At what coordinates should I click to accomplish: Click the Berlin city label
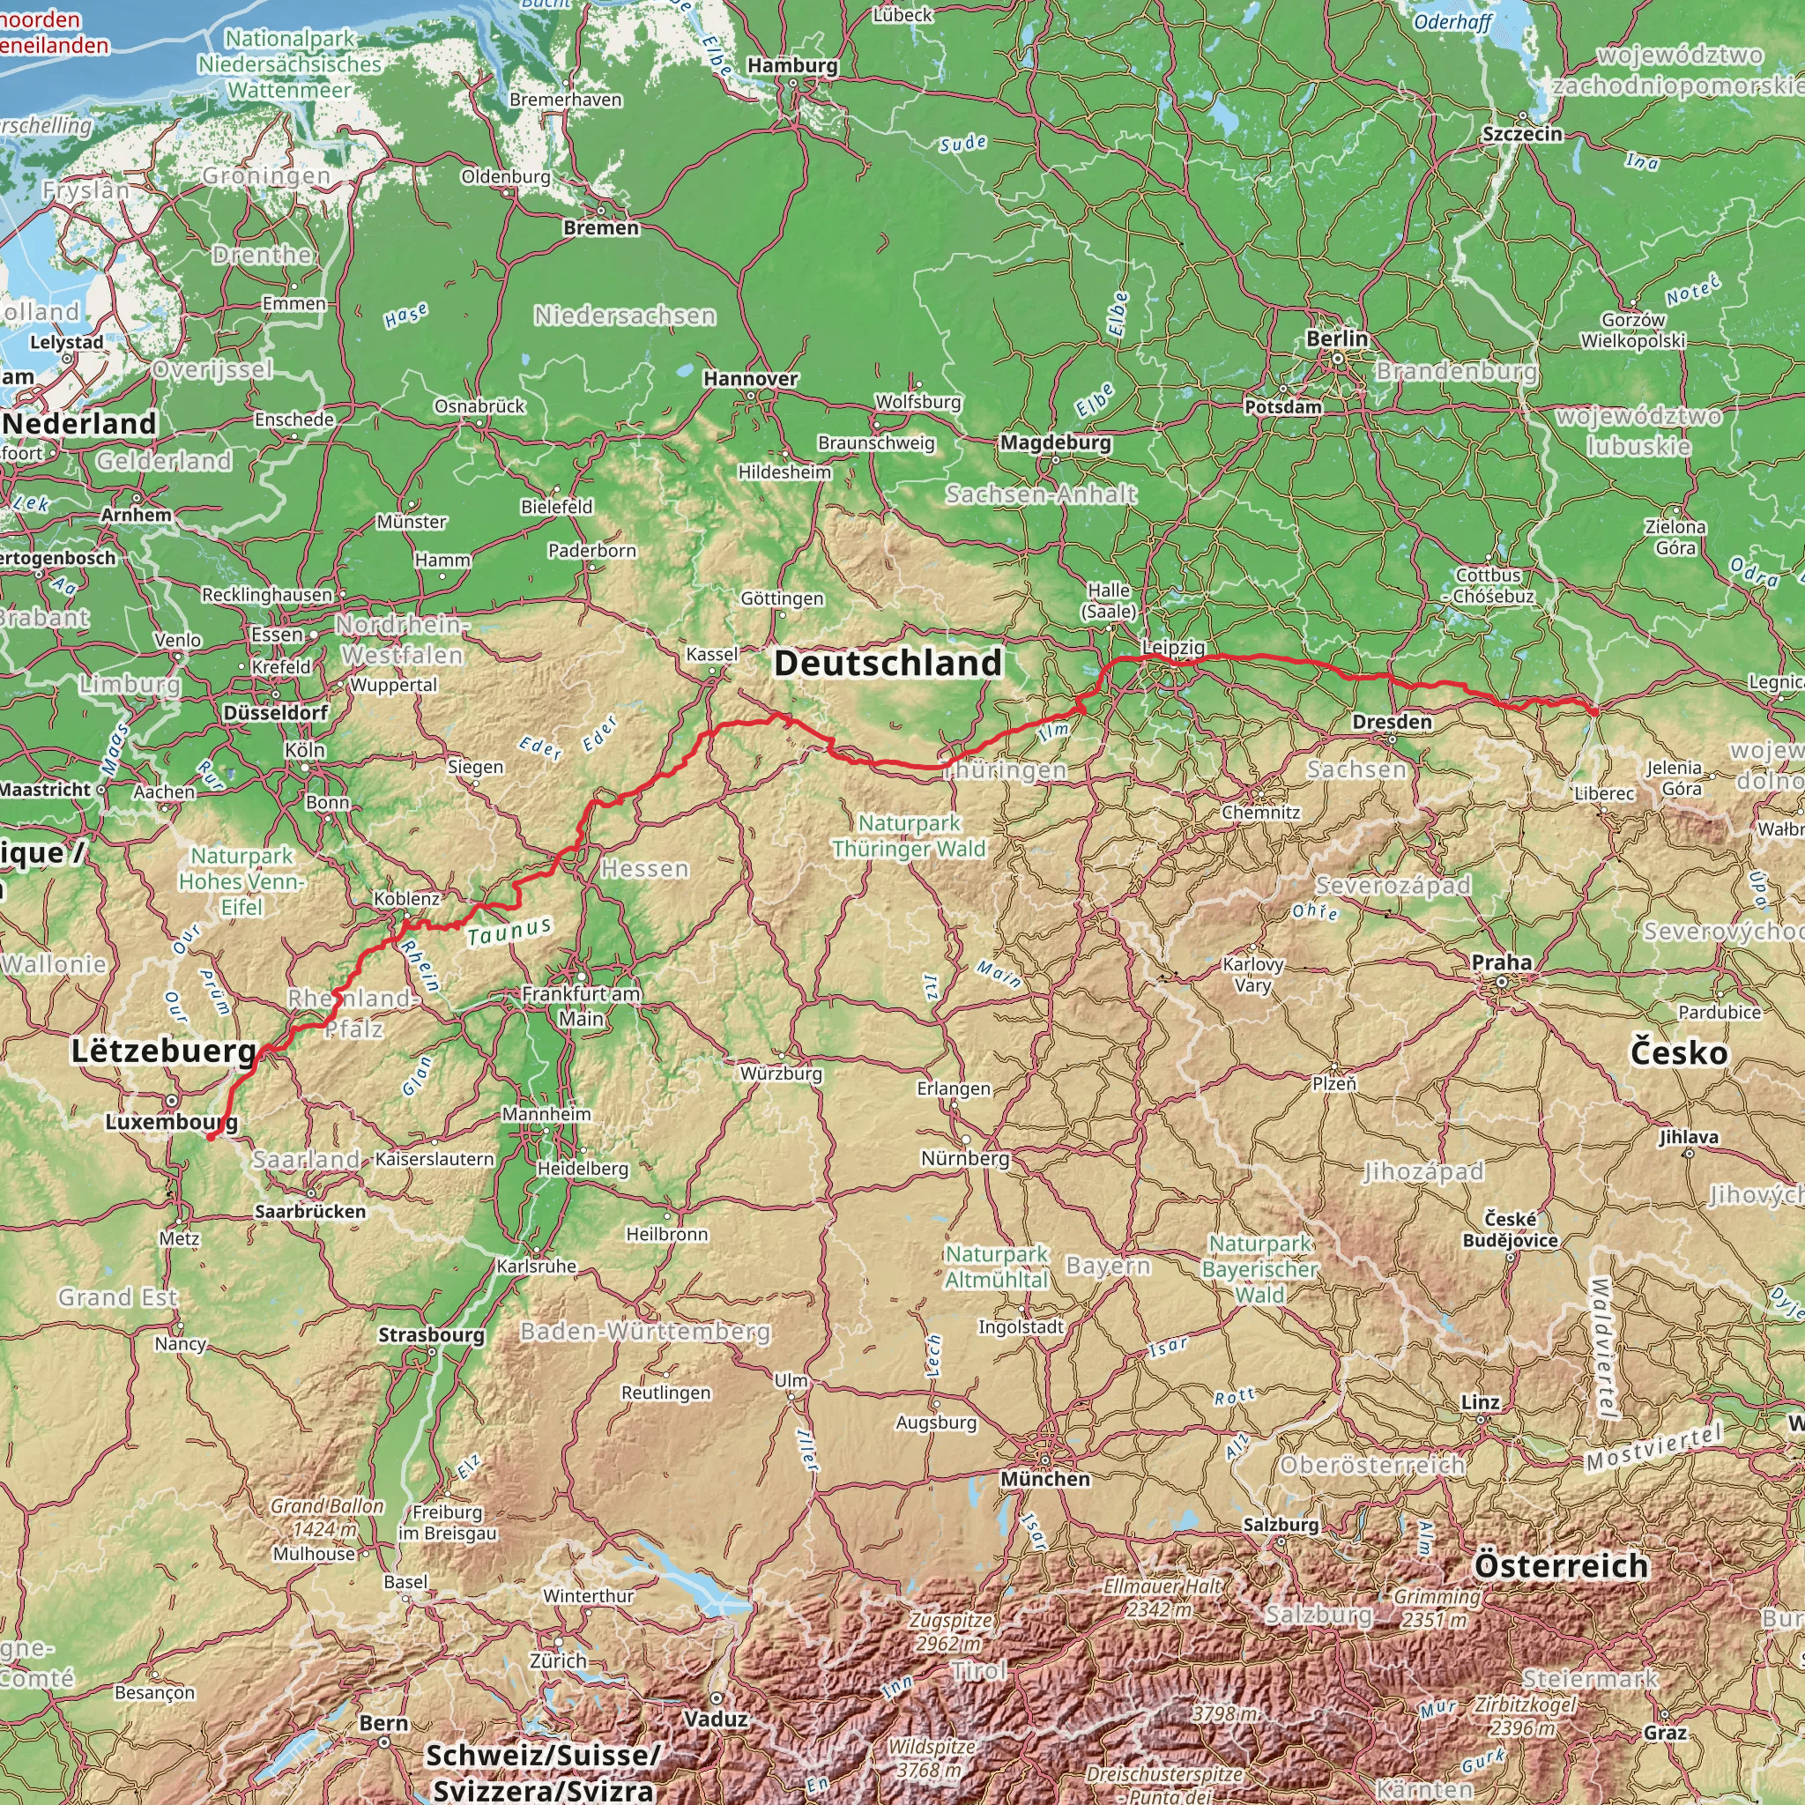point(1336,338)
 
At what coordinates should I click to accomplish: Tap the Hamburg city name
point(792,65)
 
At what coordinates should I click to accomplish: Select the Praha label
point(1501,962)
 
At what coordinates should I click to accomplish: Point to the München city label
point(1044,1479)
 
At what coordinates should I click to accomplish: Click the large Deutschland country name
point(888,664)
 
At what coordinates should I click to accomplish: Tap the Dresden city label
point(1391,721)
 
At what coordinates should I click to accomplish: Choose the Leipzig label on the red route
point(1173,647)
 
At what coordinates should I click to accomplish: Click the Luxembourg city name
point(171,1121)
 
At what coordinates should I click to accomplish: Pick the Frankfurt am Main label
point(580,1006)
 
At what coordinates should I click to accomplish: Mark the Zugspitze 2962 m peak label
point(951,1631)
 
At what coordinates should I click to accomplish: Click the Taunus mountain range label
point(509,932)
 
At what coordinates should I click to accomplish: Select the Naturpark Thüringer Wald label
point(908,836)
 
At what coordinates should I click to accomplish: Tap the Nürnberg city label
point(965,1158)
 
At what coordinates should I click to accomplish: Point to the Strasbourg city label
point(431,1335)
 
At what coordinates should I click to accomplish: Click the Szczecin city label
point(1522,134)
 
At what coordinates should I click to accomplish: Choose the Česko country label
point(1678,1053)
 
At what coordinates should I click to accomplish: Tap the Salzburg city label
point(1280,1525)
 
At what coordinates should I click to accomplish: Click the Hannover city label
point(750,378)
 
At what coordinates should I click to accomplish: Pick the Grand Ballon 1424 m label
point(326,1519)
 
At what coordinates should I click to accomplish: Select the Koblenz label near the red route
point(406,898)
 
